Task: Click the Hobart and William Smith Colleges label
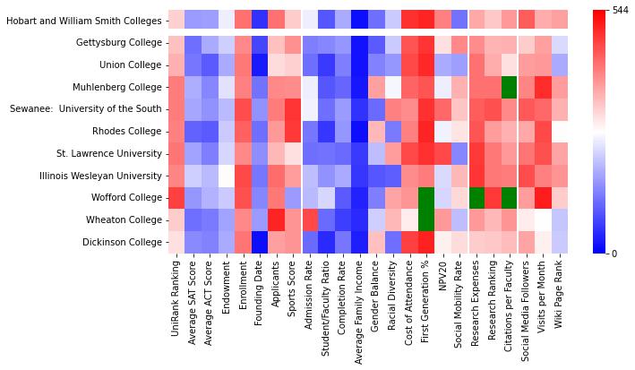click(83, 20)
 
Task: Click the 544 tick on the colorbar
click(621, 10)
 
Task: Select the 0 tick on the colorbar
click(614, 253)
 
